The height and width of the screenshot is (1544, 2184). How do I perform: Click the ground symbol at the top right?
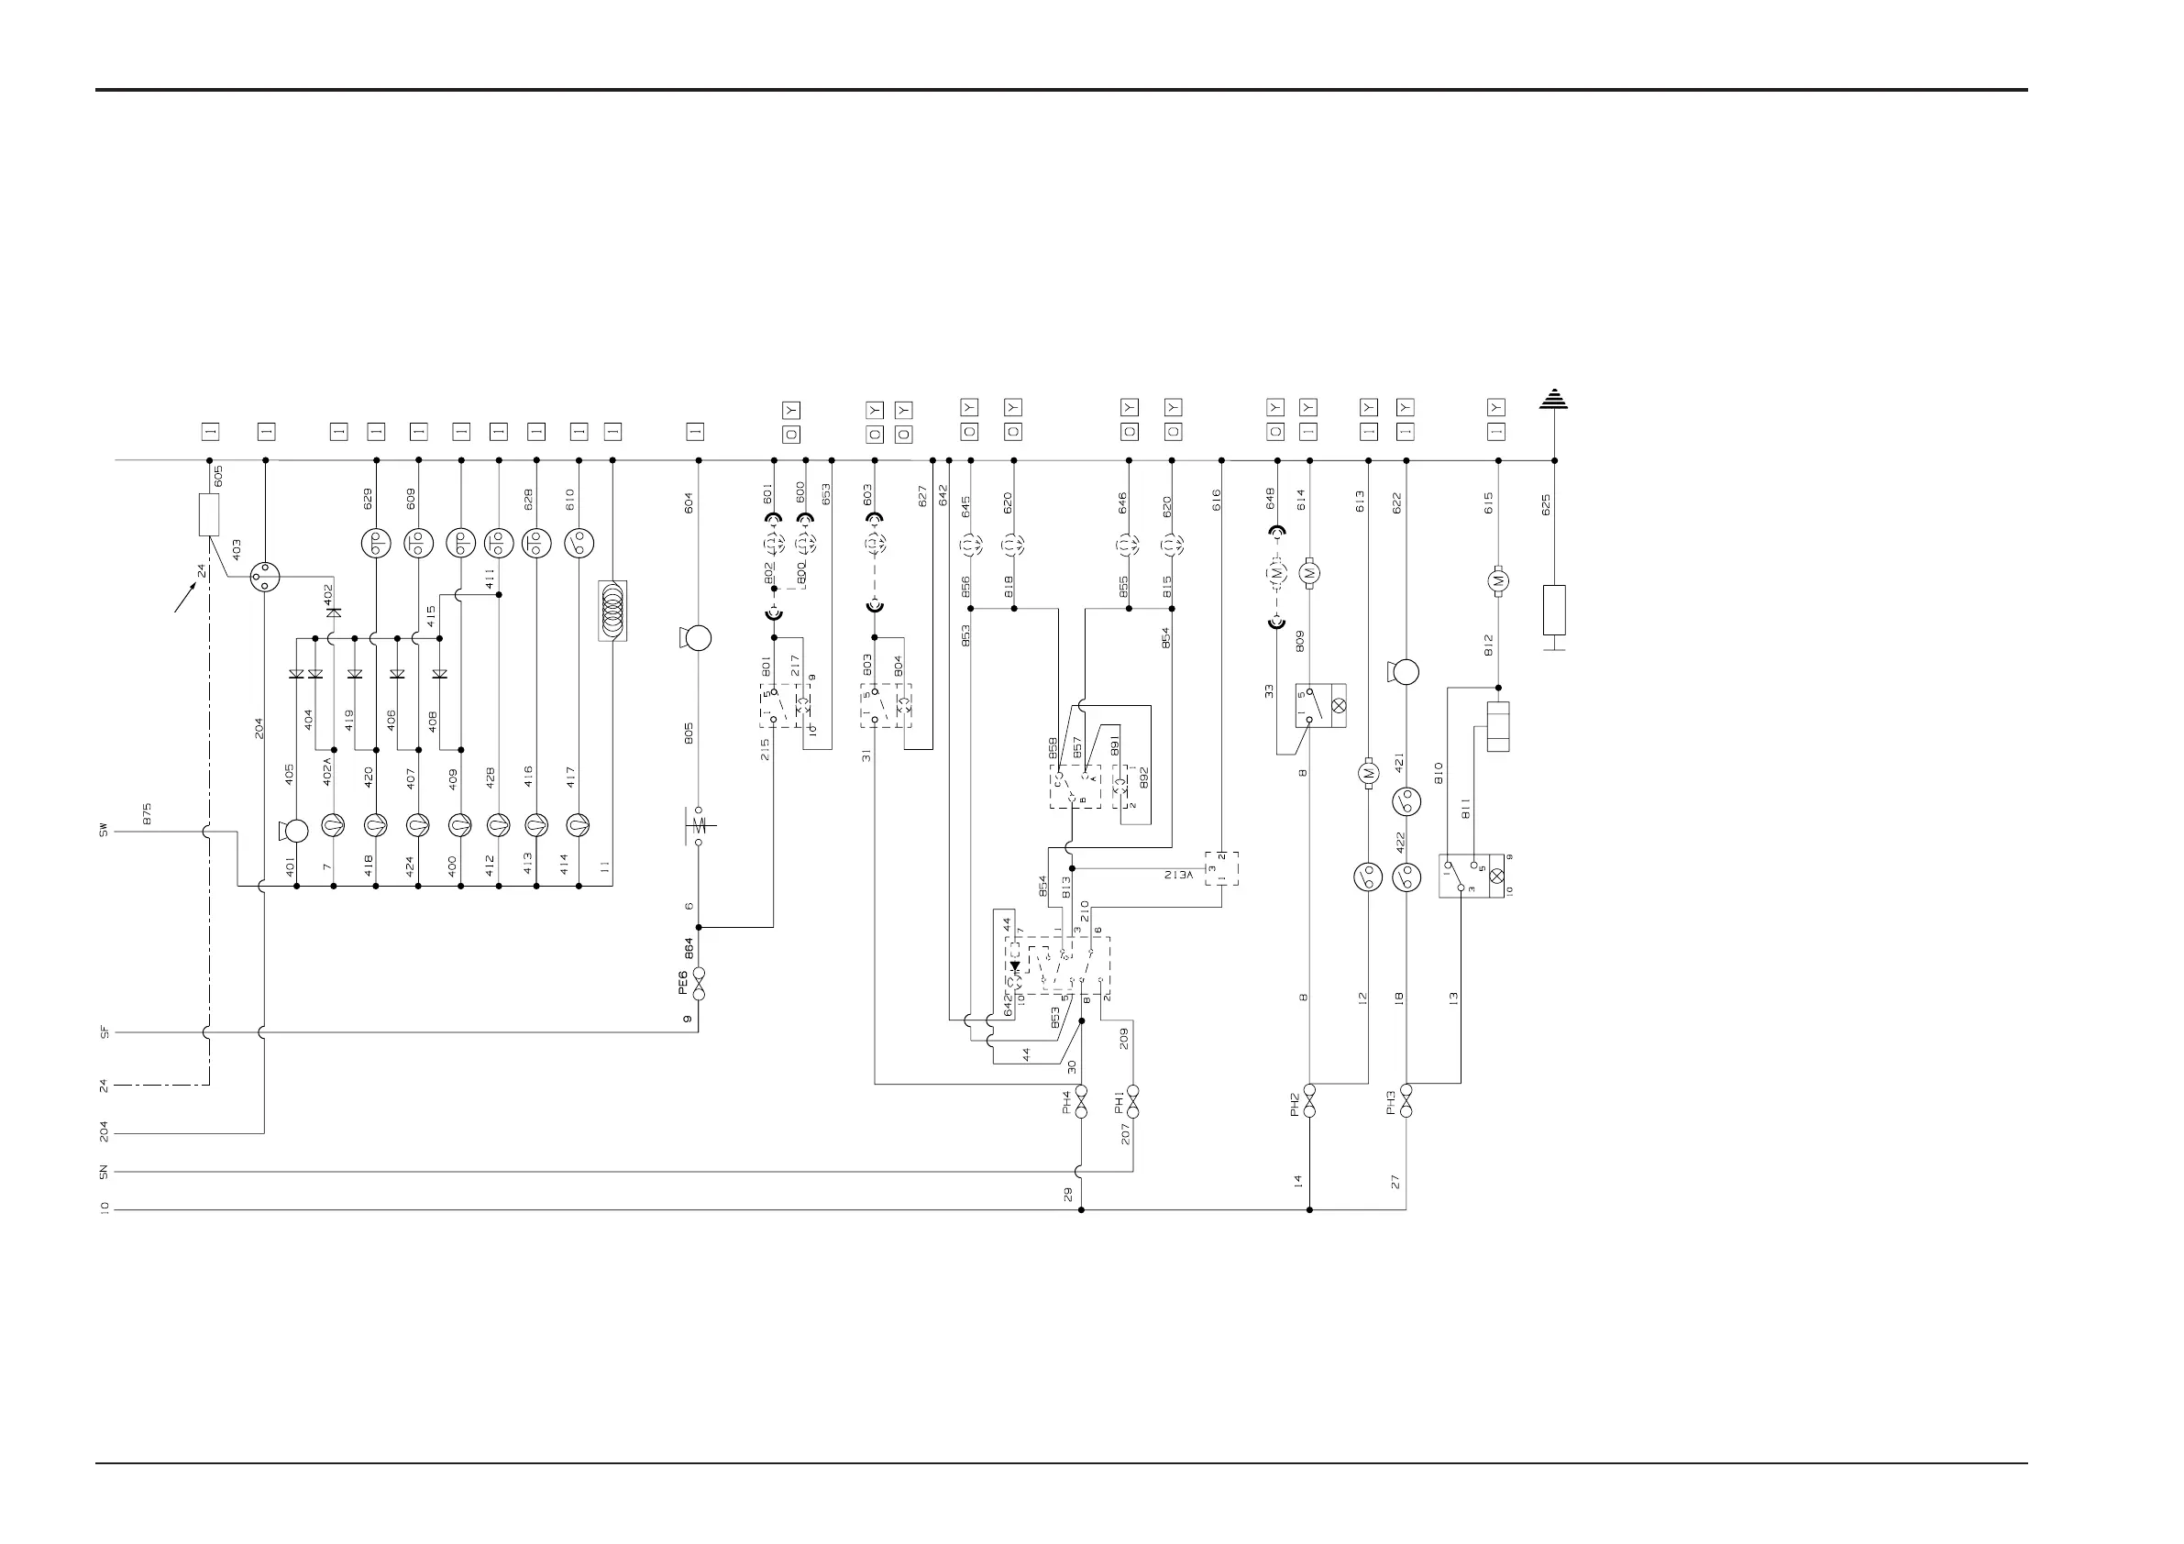1553,399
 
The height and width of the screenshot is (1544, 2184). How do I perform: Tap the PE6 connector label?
683,983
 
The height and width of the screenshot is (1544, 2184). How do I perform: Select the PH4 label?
1066,1103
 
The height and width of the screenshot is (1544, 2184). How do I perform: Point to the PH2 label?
1295,1105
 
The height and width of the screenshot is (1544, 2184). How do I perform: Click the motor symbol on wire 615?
1498,580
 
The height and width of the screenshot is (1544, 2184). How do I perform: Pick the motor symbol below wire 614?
1310,573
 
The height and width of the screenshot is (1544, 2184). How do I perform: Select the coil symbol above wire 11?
612,610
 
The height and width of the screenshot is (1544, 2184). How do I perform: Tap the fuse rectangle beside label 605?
209,514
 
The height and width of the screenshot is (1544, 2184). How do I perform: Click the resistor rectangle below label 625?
1553,610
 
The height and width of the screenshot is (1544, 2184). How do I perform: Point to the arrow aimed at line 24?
185,598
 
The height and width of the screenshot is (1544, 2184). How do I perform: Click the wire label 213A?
1177,874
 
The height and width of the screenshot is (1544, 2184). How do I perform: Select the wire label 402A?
327,769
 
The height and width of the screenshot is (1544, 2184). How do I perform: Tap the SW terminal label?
104,832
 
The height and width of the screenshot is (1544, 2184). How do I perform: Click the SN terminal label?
104,1172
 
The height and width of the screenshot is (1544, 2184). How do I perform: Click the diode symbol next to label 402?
333,612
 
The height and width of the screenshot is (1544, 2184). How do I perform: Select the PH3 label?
1392,1103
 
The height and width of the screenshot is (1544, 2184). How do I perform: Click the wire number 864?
689,948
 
